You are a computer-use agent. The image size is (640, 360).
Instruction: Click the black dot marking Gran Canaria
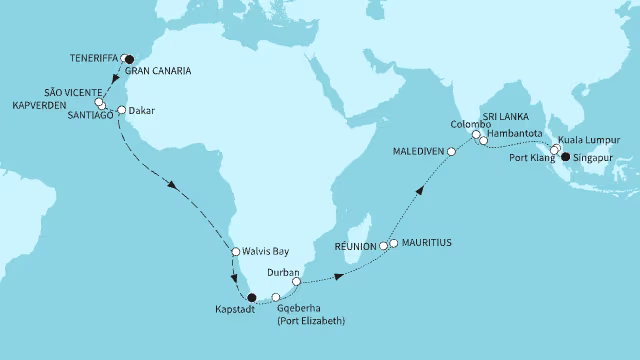point(128,59)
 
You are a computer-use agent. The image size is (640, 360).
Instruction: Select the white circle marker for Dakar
point(121,111)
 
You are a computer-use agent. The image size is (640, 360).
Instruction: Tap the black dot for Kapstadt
point(252,296)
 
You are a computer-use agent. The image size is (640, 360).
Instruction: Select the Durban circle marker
point(296,282)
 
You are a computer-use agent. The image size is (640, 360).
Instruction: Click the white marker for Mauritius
point(394,243)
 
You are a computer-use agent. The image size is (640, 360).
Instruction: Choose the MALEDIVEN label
point(420,152)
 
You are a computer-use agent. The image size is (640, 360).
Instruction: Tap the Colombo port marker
point(476,134)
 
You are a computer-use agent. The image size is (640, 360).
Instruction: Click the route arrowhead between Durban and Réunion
point(342,273)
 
